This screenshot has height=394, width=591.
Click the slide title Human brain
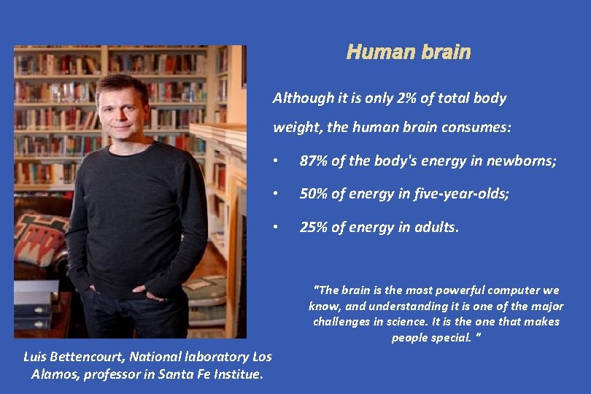(x=409, y=53)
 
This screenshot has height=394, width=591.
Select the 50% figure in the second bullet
(x=313, y=194)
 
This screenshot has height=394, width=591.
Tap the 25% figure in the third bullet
(x=313, y=228)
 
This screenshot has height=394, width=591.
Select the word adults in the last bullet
(x=436, y=228)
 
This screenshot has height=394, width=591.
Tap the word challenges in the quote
(x=340, y=322)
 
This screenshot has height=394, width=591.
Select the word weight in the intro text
(x=290, y=128)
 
